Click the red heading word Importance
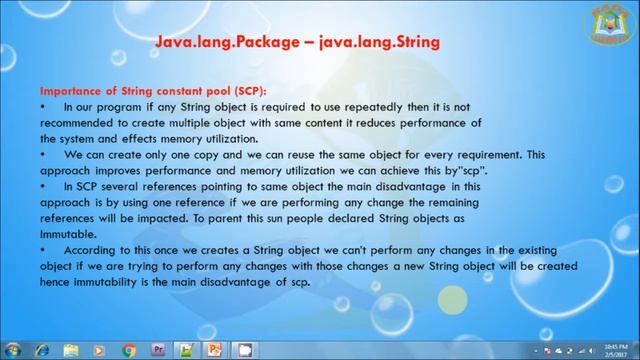click(x=68, y=89)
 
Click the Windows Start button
click(x=13, y=349)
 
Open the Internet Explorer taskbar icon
click(x=42, y=349)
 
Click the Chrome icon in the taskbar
click(x=129, y=349)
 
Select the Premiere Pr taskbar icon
click(x=158, y=349)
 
